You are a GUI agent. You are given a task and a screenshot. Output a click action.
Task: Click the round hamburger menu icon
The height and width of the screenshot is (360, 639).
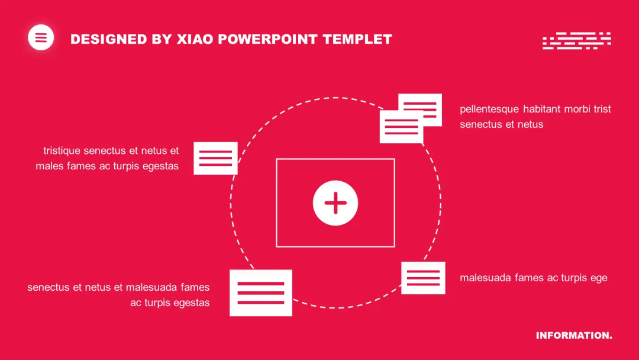click(41, 38)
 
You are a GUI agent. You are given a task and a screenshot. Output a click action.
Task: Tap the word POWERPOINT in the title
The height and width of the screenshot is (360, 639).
click(269, 40)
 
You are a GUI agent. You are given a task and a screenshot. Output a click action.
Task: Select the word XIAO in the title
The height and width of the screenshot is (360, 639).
click(195, 40)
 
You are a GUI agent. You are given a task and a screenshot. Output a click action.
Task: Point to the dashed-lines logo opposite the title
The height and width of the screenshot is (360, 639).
click(576, 40)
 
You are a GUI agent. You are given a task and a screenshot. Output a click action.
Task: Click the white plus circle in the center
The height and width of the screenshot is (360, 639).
click(335, 203)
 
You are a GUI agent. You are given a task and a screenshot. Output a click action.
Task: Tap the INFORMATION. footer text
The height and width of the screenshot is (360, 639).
click(574, 336)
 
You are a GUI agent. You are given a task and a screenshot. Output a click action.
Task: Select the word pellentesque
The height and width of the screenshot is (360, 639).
click(489, 110)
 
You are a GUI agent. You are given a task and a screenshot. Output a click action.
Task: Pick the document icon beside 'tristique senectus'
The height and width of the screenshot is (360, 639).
click(215, 158)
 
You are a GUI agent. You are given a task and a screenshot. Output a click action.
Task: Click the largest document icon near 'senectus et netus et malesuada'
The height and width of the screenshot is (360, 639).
click(261, 292)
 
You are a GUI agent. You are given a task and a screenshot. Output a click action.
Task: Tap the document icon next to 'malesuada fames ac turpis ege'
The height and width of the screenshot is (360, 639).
click(423, 278)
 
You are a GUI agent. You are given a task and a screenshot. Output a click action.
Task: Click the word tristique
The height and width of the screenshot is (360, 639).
click(62, 151)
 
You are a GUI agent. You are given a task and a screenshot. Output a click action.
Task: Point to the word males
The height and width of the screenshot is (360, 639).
click(49, 166)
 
